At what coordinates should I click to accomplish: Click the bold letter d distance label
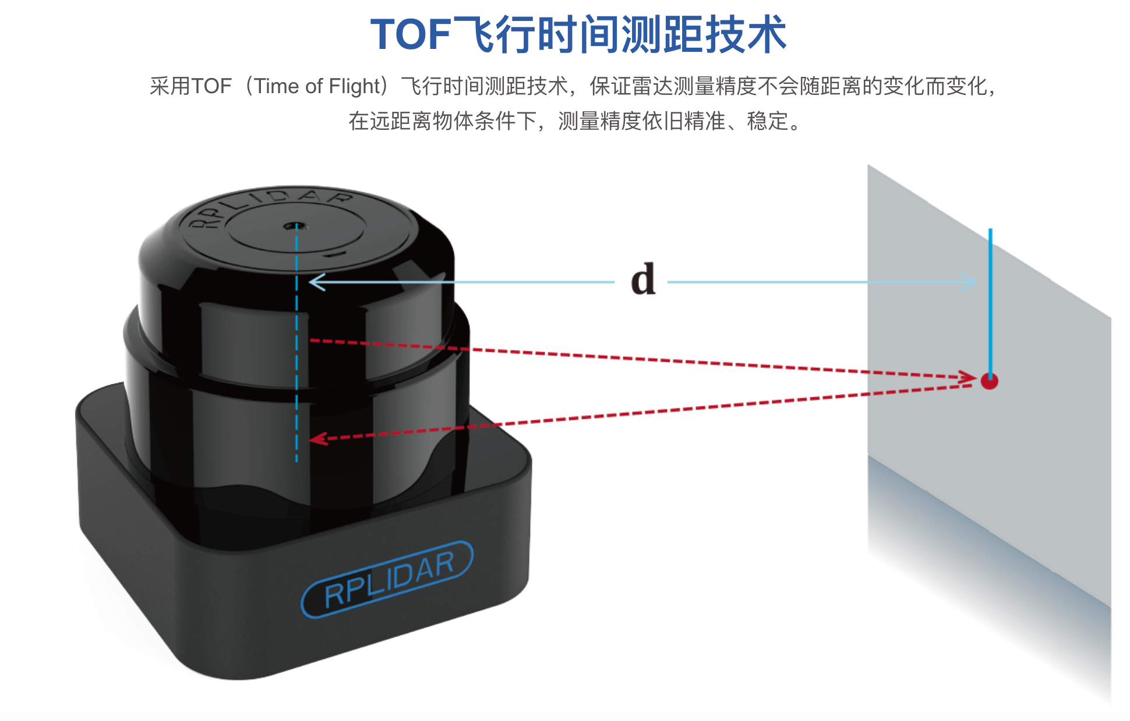pyautogui.click(x=643, y=280)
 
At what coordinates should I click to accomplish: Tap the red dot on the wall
pyautogui.click(x=989, y=381)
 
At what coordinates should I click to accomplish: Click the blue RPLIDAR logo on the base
pyautogui.click(x=387, y=579)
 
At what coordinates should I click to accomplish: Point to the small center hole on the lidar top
pyautogui.click(x=295, y=225)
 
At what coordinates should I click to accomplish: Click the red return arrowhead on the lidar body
pyautogui.click(x=317, y=439)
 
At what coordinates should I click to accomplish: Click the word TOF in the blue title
pyautogui.click(x=411, y=35)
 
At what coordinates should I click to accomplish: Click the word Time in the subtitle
pyautogui.click(x=277, y=87)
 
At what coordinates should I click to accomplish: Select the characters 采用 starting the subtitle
pyautogui.click(x=170, y=87)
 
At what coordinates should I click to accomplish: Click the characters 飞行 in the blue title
pyautogui.click(x=494, y=35)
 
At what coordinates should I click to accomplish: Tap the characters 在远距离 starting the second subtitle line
pyautogui.click(x=390, y=121)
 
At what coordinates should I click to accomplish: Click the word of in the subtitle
pyautogui.click(x=314, y=87)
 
